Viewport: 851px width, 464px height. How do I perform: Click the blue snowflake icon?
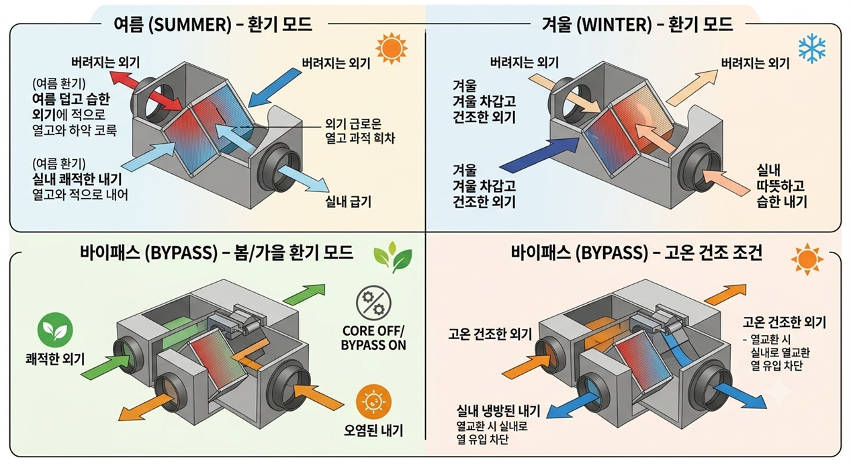pyautogui.click(x=813, y=48)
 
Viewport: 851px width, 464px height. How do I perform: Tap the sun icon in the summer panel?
pyautogui.click(x=392, y=48)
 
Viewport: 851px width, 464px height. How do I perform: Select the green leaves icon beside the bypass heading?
pyautogui.click(x=392, y=257)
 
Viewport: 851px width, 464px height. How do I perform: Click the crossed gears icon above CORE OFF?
pyautogui.click(x=373, y=303)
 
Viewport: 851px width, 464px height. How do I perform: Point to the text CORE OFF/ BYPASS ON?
pyautogui.click(x=373, y=338)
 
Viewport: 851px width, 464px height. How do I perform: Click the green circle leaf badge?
pyautogui.click(x=55, y=330)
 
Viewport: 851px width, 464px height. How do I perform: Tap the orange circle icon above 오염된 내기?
pyautogui.click(x=373, y=402)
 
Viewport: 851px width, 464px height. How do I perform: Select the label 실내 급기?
pyautogui.click(x=348, y=201)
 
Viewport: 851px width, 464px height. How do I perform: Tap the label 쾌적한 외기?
pyautogui.click(x=55, y=359)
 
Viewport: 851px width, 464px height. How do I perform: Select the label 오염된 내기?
pyautogui.click(x=373, y=430)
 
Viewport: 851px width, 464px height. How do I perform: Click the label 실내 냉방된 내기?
pyautogui.click(x=498, y=411)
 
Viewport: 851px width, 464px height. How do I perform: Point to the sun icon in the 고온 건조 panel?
pyautogui.click(x=807, y=259)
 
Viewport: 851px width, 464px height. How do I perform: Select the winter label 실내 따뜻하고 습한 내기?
pyautogui.click(x=781, y=186)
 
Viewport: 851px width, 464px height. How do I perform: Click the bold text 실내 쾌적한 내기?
pyautogui.click(x=77, y=179)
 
